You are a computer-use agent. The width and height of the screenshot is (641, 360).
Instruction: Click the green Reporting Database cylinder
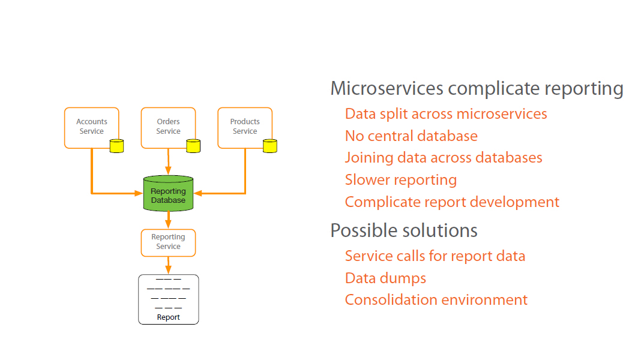168,194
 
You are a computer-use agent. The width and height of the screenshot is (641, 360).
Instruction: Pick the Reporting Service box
168,242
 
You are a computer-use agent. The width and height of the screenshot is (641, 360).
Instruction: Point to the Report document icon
168,299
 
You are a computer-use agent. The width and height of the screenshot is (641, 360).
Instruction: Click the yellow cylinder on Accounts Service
116,146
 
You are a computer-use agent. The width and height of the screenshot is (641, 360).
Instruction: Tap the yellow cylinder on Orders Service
193,146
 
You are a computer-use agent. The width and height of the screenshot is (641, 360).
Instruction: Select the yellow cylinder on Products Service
270,146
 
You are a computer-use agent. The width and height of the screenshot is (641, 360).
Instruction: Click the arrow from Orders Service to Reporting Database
168,162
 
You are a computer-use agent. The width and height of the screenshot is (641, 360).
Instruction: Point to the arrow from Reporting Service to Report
168,265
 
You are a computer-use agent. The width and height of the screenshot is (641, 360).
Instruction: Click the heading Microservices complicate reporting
477,89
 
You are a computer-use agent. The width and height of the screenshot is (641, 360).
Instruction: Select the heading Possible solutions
404,230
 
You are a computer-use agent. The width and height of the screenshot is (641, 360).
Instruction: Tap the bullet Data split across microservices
446,114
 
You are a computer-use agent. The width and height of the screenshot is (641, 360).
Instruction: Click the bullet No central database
411,136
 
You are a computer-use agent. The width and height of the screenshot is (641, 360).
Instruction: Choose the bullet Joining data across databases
444,158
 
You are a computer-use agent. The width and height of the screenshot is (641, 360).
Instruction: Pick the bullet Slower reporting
401,180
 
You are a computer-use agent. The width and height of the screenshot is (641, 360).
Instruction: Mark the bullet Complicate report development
452,202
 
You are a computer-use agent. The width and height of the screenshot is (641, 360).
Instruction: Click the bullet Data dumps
385,278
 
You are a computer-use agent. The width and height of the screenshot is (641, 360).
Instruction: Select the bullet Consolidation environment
436,300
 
